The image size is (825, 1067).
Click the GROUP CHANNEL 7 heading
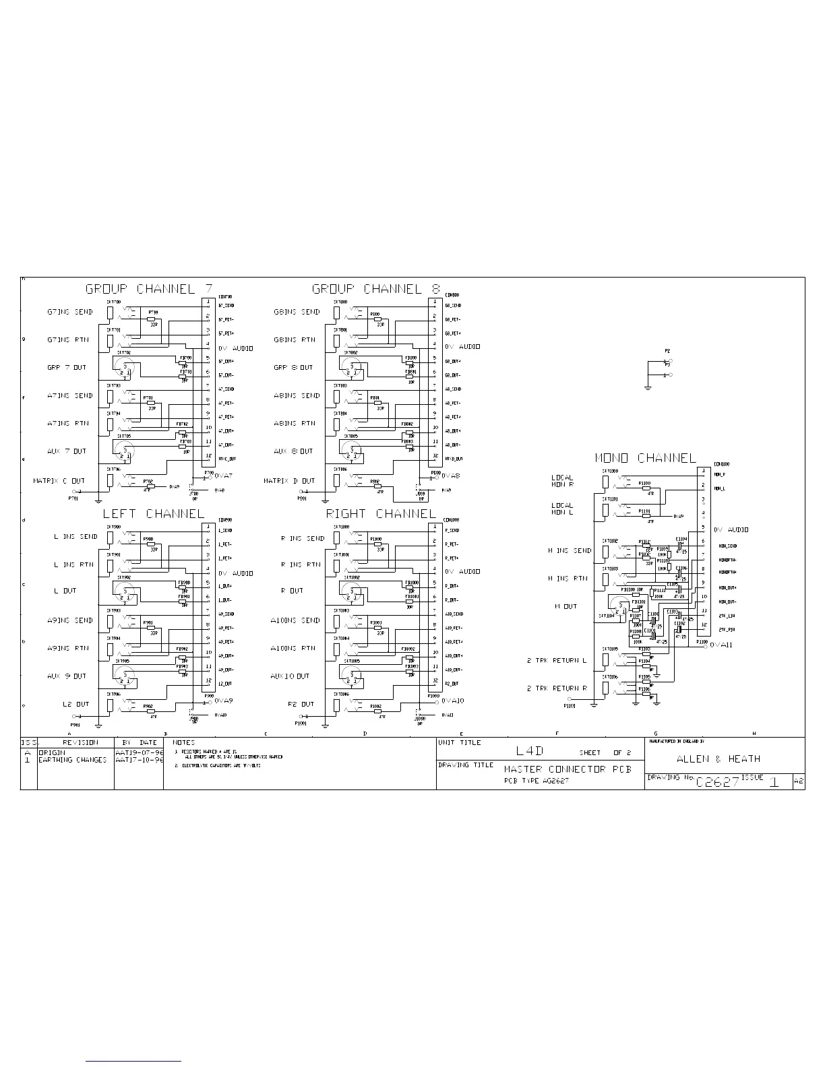[x=149, y=289]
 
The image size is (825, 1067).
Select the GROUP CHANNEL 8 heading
[x=376, y=289]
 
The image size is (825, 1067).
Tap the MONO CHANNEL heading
[x=645, y=458]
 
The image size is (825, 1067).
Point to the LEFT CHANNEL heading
[x=153, y=514]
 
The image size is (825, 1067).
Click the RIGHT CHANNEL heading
[x=381, y=514]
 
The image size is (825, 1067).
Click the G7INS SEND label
[x=70, y=313]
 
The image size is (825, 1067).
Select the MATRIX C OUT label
[x=59, y=481]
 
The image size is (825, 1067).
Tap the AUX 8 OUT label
[x=293, y=451]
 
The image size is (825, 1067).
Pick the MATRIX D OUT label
[x=289, y=481]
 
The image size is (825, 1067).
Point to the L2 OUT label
[x=75, y=705]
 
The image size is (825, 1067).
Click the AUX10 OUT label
[x=290, y=676]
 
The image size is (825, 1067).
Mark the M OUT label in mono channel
[x=566, y=606]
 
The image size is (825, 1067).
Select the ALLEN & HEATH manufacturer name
[x=718, y=758]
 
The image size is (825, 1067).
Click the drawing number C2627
[x=718, y=782]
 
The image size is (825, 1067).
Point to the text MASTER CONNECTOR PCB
[x=568, y=769]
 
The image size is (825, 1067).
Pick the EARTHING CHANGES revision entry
[x=72, y=760]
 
